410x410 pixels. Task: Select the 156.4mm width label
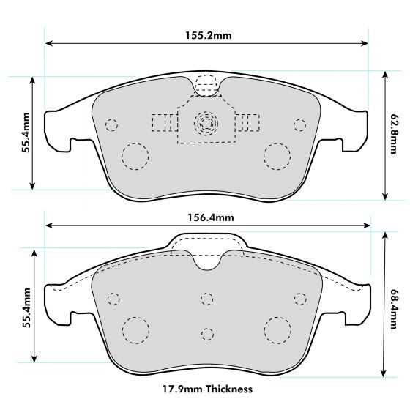(207, 217)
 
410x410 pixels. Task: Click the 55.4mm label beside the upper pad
(26, 133)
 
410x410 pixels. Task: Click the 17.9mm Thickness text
(207, 389)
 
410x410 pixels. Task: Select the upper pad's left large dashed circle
(134, 155)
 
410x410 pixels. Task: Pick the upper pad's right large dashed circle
(277, 155)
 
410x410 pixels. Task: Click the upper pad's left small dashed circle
(111, 124)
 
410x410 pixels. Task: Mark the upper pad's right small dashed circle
(299, 124)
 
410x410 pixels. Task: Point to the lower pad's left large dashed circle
(135, 330)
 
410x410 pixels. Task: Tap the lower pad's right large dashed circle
(278, 330)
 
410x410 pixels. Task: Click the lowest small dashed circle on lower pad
(207, 333)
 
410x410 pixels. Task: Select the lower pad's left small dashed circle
(113, 298)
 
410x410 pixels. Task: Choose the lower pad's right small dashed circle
(299, 297)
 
